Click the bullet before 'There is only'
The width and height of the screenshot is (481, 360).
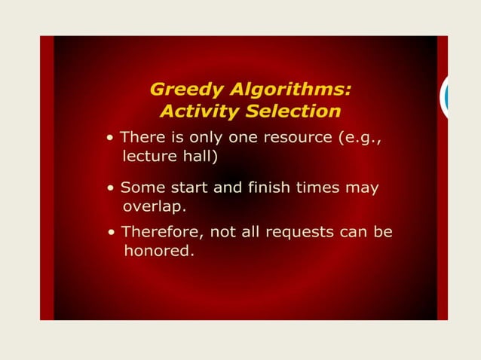point(111,139)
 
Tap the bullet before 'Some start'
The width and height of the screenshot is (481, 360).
point(111,188)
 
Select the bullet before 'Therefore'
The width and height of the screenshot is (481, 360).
point(111,232)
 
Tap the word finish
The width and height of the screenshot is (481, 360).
point(268,187)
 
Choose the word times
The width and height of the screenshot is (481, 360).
point(320,187)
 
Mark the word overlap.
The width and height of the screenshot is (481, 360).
point(154,206)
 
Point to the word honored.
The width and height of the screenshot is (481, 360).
point(158,251)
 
